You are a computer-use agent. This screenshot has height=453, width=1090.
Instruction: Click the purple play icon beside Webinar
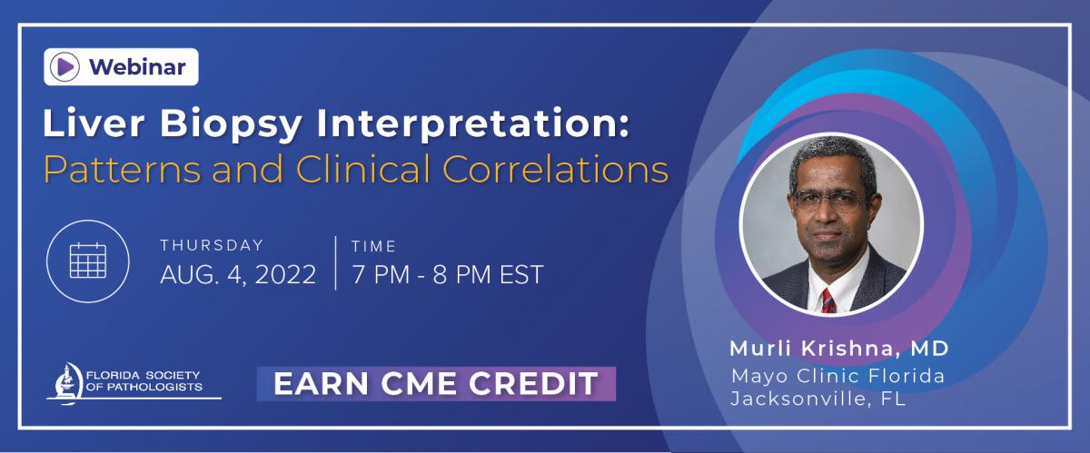tap(64, 66)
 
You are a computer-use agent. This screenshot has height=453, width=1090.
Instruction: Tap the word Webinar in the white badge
tap(137, 67)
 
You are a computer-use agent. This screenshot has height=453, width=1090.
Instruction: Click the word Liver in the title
tap(94, 123)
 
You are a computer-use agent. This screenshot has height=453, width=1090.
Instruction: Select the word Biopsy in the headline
tap(231, 124)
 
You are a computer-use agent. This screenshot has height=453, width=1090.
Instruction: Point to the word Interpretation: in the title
tap(472, 124)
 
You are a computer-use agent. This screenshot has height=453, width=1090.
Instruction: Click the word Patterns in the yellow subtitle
tap(122, 170)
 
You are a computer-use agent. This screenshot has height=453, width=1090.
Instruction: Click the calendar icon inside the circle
tap(88, 261)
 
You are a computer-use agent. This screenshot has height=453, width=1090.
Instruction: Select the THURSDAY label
tap(212, 245)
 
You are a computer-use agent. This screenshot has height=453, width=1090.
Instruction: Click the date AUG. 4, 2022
tap(238, 275)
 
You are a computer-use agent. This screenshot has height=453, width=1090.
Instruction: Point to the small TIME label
tap(373, 246)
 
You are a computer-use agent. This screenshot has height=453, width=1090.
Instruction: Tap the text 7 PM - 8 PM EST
tap(448, 275)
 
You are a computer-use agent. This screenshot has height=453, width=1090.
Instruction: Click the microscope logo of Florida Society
tap(66, 384)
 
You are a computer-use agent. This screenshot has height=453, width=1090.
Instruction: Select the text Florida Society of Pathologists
tap(144, 381)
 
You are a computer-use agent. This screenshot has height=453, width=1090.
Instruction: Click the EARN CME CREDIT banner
tap(436, 383)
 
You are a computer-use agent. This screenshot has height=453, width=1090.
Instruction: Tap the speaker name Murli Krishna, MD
tap(839, 349)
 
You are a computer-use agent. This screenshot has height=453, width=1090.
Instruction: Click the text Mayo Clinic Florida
tap(837, 376)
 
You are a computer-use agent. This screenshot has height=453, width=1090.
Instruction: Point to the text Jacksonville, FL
tap(818, 399)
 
